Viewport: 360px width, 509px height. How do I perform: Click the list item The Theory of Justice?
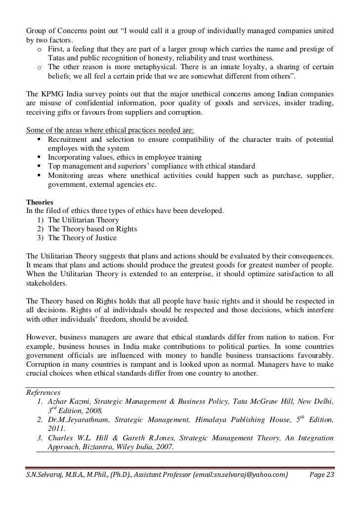[82, 238]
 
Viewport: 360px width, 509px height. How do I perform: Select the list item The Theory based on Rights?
[92, 229]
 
